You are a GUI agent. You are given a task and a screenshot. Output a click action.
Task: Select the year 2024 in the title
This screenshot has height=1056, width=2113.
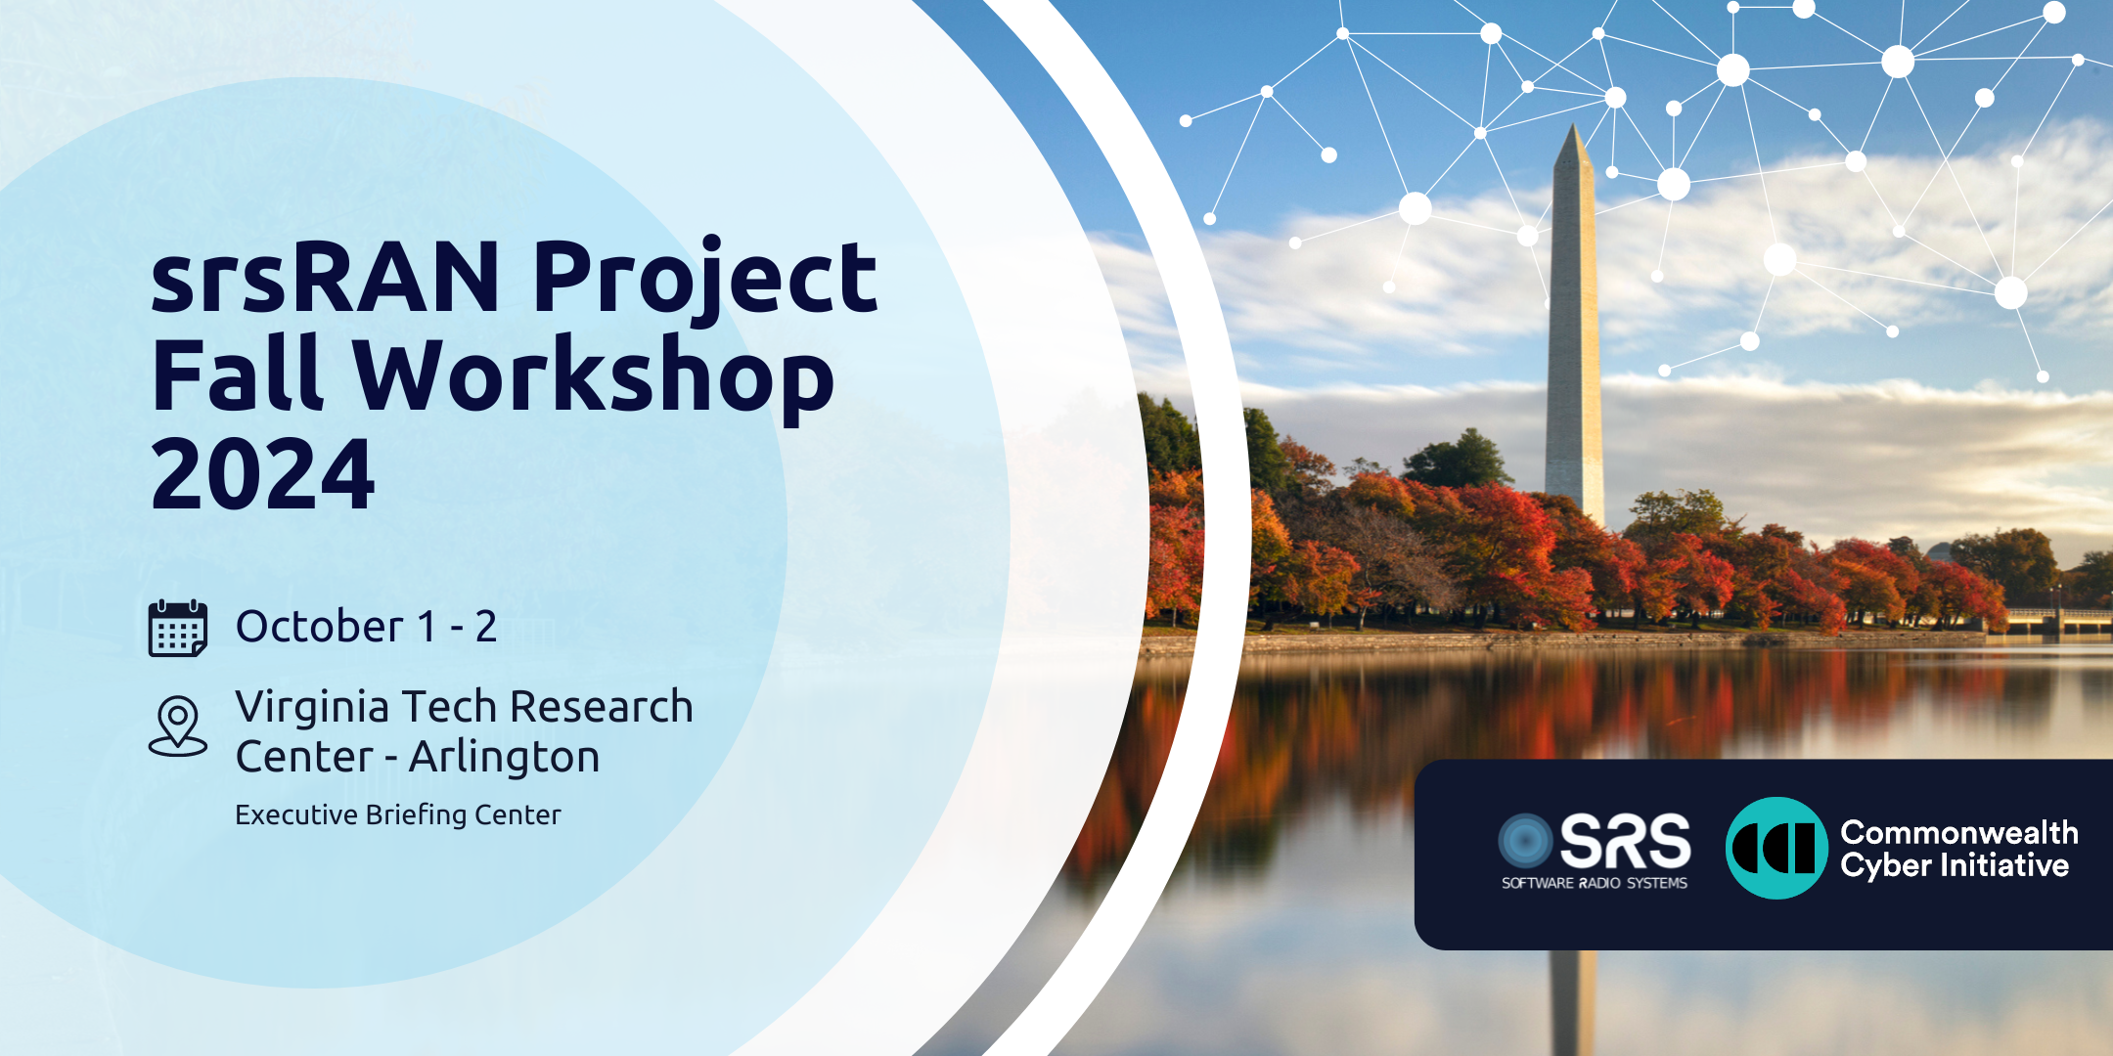tap(262, 474)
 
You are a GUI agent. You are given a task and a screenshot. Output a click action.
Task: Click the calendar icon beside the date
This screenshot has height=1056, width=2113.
tap(177, 628)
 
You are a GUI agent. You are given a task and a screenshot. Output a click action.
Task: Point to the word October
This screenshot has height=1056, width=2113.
tap(320, 627)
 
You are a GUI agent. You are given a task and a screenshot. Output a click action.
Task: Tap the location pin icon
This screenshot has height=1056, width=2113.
tap(177, 726)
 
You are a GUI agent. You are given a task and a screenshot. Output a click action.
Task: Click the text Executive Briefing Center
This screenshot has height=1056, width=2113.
tap(398, 815)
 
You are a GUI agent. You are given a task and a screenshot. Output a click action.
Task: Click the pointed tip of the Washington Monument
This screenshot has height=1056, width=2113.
tap(1573, 124)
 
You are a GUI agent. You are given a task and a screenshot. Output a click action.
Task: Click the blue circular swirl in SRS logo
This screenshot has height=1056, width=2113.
tap(1526, 841)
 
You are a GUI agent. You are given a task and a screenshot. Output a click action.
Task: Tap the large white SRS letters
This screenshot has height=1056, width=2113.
tap(1625, 841)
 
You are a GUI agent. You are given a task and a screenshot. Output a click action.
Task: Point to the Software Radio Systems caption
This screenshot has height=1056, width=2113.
tap(1595, 883)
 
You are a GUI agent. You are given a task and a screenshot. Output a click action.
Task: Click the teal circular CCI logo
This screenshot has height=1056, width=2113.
tap(1776, 848)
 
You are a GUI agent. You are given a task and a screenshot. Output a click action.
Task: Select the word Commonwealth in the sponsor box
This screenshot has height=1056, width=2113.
tap(1959, 832)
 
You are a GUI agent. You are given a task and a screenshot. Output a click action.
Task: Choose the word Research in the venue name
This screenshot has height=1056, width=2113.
tap(602, 707)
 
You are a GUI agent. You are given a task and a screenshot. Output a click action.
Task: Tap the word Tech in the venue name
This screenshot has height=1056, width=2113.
tap(450, 707)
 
